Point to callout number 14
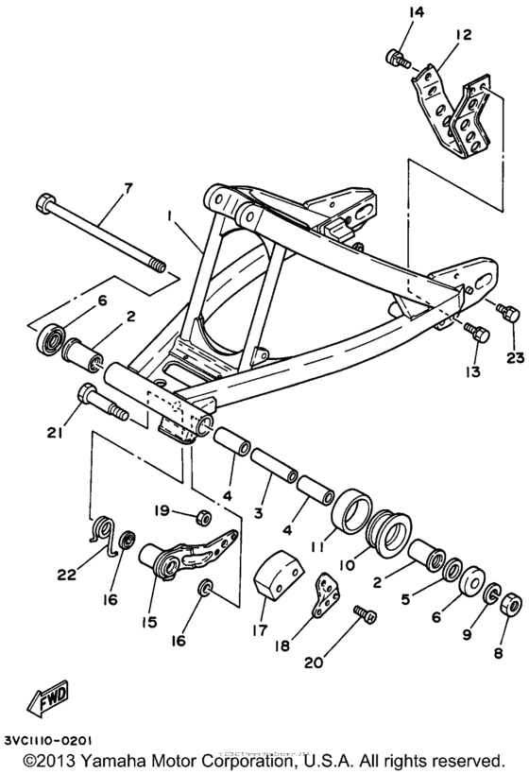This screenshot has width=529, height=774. (390, 12)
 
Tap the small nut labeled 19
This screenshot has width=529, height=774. (202, 516)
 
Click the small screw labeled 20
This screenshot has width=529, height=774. (364, 615)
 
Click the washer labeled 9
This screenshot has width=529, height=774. (491, 594)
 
